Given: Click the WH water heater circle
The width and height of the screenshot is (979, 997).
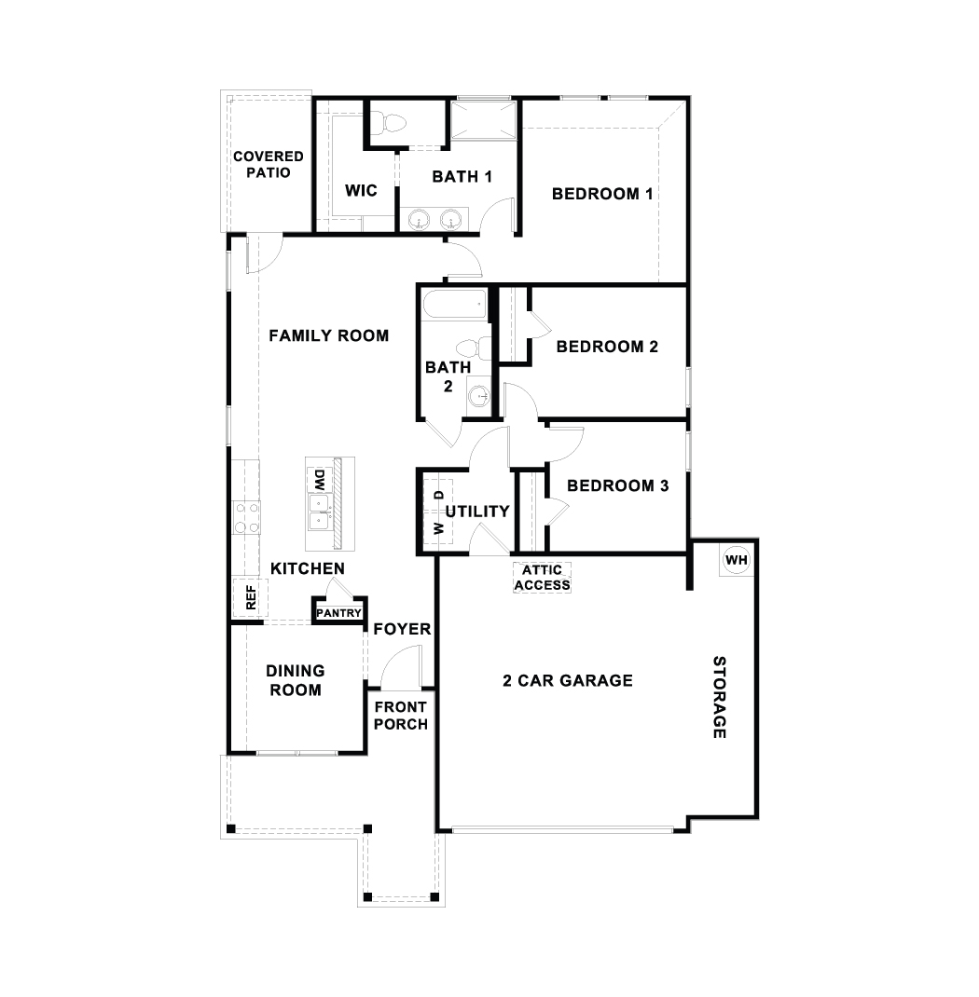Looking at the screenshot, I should pyautogui.click(x=736, y=560).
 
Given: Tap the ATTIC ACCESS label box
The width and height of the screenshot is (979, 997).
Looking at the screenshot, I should pyautogui.click(x=542, y=578).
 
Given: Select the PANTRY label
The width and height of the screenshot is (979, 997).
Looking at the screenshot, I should pyautogui.click(x=338, y=612).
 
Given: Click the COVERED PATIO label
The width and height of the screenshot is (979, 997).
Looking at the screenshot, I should pyautogui.click(x=269, y=165).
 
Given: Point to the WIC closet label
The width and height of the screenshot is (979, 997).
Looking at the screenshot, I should pyautogui.click(x=361, y=191).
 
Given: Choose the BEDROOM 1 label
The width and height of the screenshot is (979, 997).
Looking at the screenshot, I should pyautogui.click(x=601, y=194).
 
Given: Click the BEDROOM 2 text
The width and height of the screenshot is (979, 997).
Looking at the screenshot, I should pyautogui.click(x=607, y=347).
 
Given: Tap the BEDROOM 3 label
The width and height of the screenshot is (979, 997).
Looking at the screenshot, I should pyautogui.click(x=617, y=485).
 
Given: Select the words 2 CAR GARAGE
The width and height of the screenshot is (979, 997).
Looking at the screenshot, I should pyautogui.click(x=568, y=680).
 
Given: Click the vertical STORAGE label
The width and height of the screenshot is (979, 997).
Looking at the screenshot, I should pyautogui.click(x=719, y=697).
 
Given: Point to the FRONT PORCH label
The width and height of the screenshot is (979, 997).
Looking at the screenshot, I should pyautogui.click(x=401, y=716).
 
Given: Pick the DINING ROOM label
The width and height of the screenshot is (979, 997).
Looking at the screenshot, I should pyautogui.click(x=295, y=680).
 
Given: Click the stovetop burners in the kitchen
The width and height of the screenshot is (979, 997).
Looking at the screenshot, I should pyautogui.click(x=246, y=518).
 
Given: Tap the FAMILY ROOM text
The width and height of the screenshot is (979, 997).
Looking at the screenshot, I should pyautogui.click(x=328, y=335).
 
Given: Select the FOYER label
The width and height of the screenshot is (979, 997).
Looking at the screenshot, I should pyautogui.click(x=402, y=629).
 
